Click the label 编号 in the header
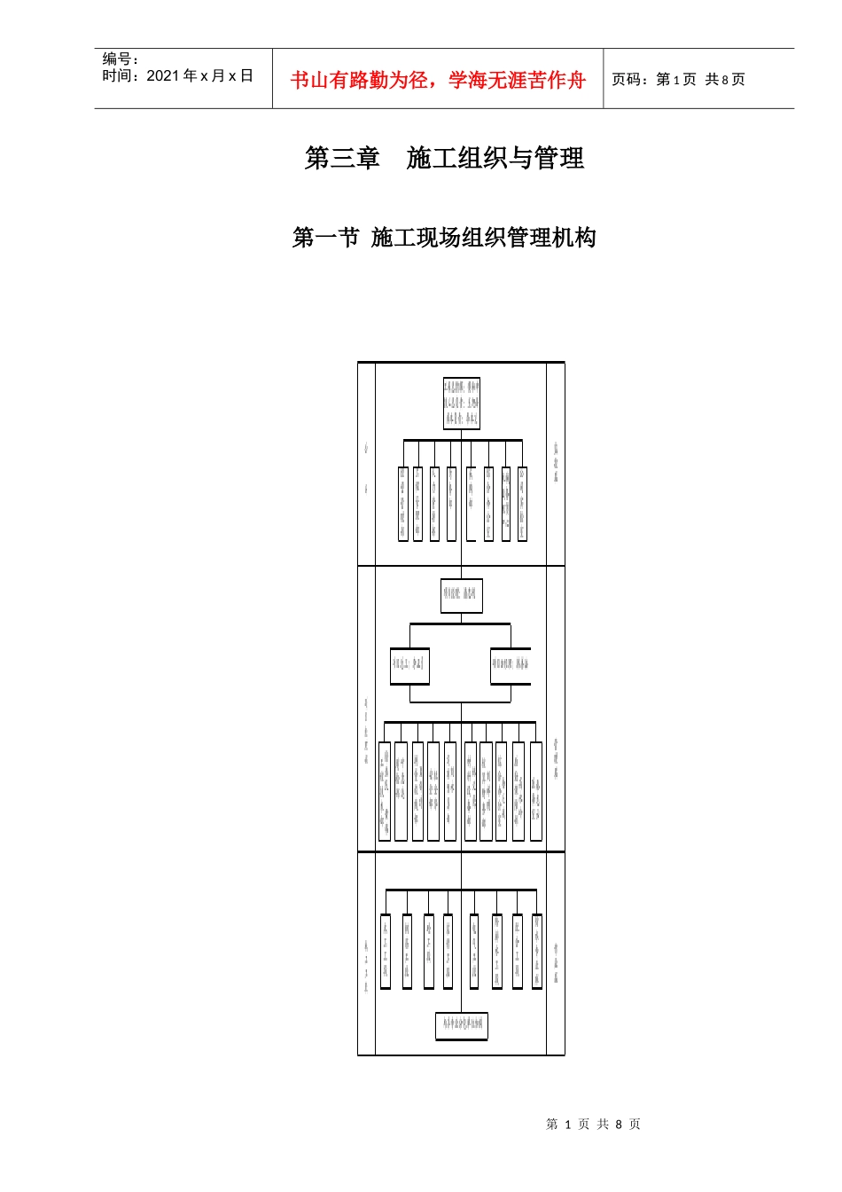click(116, 59)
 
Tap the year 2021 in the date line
click(163, 76)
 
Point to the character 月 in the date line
click(218, 76)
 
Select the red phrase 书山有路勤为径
click(359, 81)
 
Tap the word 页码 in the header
click(627, 80)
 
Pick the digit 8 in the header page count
click(725, 80)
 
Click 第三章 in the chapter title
click(342, 158)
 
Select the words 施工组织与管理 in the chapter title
click(495, 158)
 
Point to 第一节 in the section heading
click(325, 238)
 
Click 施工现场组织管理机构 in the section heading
click(483, 238)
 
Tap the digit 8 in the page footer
click(619, 1125)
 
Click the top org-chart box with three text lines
click(462, 404)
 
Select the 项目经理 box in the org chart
click(462, 594)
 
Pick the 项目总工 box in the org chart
click(409, 664)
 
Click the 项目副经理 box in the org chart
click(511, 664)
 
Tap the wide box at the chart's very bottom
click(462, 1026)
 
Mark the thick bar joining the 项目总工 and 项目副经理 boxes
click(460, 624)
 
